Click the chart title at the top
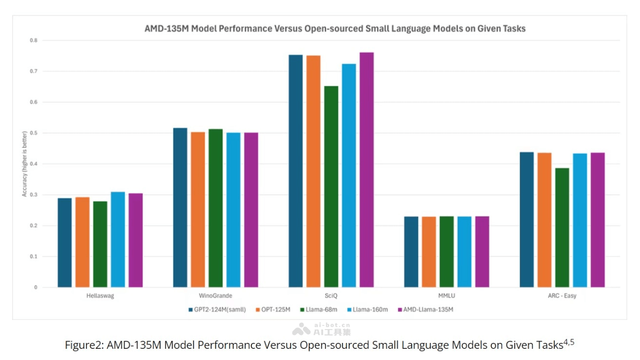(x=335, y=28)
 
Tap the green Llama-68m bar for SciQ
(x=331, y=186)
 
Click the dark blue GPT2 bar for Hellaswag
(x=65, y=243)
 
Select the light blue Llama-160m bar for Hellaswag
(x=118, y=239)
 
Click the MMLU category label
(x=446, y=296)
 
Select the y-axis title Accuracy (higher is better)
(x=24, y=164)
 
